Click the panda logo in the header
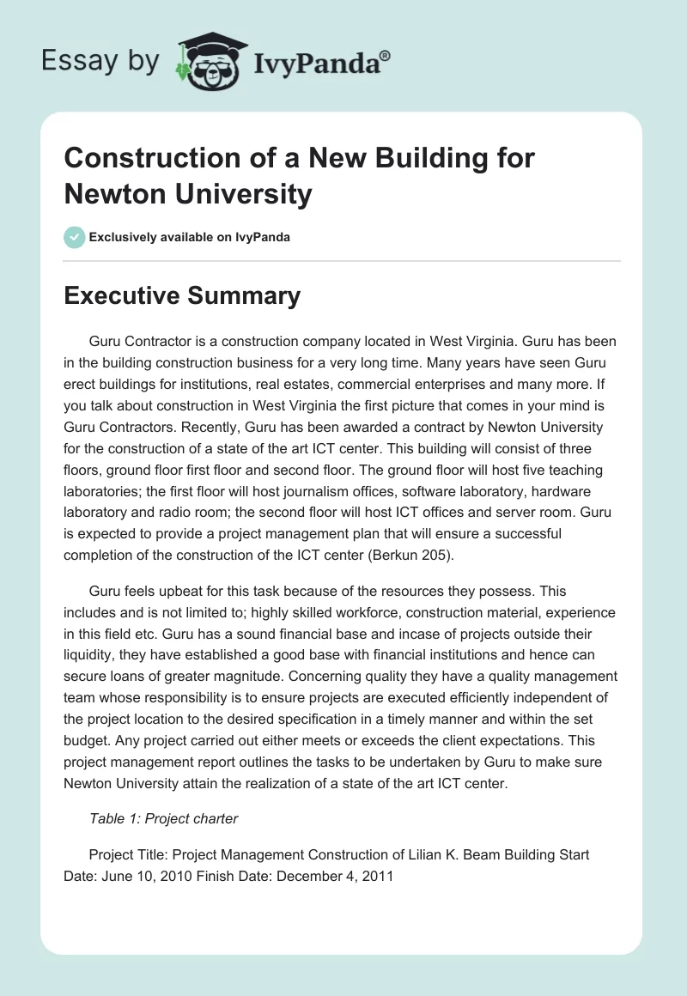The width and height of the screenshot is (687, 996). pos(211,62)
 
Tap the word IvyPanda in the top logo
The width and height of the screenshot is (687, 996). pos(317,64)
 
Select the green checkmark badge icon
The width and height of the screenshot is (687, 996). pos(75,237)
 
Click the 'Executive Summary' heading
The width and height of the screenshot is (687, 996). pos(182,296)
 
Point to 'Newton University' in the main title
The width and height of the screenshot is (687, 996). pos(187,194)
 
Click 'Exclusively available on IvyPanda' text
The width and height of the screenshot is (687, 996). pos(190,237)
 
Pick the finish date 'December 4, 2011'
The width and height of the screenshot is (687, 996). pos(337,877)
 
